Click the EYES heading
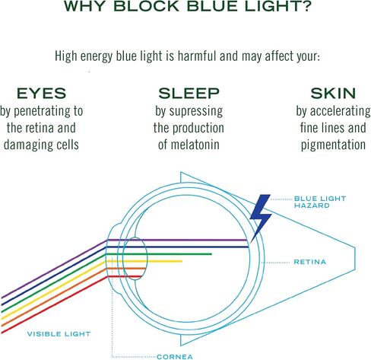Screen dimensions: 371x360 pyautogui.click(x=41, y=93)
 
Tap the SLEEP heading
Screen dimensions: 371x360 pyautogui.click(x=189, y=93)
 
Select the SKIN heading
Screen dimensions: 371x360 pyautogui.click(x=333, y=93)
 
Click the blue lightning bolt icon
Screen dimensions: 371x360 pyautogui.click(x=261, y=215)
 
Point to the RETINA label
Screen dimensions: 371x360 pyautogui.click(x=309, y=262)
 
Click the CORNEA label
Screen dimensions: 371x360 pyautogui.click(x=175, y=357)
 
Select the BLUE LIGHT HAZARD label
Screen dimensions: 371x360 pyautogui.click(x=320, y=202)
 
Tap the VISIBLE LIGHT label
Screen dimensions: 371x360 pyautogui.click(x=59, y=334)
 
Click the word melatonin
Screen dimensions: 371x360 pyautogui.click(x=195, y=145)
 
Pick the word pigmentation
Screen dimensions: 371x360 pyautogui.click(x=333, y=145)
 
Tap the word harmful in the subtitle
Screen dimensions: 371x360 pyautogui.click(x=198, y=56)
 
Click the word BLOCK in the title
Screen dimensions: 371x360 pyautogui.click(x=147, y=6)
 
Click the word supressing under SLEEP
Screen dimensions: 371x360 pyautogui.click(x=196, y=112)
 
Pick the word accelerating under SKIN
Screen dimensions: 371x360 pyautogui.click(x=340, y=112)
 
